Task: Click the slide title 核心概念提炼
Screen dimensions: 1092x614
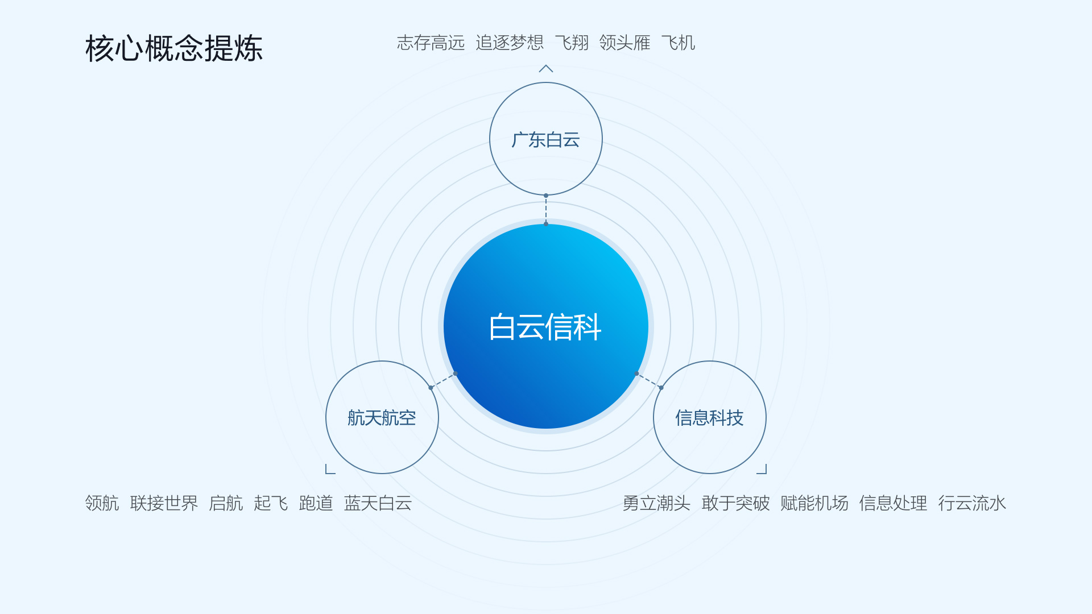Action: tap(174, 48)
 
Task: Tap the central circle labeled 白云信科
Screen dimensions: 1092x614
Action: tap(546, 326)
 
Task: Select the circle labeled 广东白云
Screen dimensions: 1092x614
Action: tap(546, 139)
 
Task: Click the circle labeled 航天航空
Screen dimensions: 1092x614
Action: tap(382, 417)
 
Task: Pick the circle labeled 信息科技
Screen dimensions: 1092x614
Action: tap(710, 417)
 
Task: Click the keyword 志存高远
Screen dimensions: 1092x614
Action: tap(431, 43)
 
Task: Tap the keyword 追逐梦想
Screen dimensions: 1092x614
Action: tap(510, 43)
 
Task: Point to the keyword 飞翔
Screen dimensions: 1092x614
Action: tap(572, 43)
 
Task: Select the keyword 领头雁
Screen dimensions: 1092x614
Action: tap(624, 43)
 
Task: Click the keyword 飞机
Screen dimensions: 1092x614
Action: tap(678, 43)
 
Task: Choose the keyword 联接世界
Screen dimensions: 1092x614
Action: tap(164, 503)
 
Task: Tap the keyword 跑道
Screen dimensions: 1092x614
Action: tap(316, 503)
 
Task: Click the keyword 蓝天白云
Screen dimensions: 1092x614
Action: tap(378, 503)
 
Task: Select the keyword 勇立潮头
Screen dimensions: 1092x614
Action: tap(656, 503)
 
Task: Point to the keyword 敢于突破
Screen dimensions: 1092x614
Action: tap(735, 503)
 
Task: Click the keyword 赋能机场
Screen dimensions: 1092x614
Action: tap(814, 503)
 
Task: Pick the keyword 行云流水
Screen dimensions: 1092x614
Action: tap(973, 503)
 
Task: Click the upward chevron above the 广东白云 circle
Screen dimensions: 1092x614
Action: tap(546, 68)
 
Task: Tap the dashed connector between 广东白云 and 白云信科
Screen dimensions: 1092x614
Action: tap(546, 210)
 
